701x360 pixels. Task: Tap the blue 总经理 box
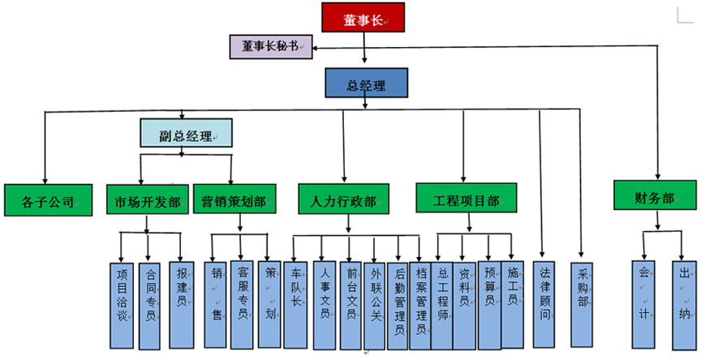[366, 84]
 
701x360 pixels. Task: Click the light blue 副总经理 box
[186, 133]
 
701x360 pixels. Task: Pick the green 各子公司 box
[45, 199]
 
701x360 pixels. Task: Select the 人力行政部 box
[343, 199]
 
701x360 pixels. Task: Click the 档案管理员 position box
[420, 304]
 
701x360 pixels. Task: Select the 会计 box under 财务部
[644, 304]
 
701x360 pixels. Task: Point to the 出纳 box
[683, 304]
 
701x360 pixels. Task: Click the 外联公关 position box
[375, 304]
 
